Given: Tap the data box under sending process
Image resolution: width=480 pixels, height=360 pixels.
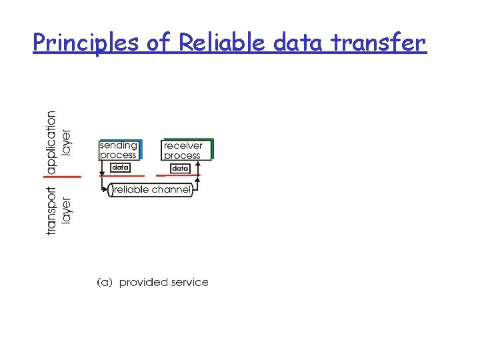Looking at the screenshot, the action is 119,168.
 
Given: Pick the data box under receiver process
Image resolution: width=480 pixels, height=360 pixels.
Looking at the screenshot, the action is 180,169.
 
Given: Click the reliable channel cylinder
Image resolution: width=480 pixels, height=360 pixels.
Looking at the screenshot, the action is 151,190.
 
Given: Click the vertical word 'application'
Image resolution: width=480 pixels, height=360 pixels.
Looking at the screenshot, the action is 51,139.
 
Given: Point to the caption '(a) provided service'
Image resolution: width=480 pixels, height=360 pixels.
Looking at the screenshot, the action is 153,283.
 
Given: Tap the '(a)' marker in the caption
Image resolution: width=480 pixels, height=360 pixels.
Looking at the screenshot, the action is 105,283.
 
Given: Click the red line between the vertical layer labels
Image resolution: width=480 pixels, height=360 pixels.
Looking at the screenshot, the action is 63,177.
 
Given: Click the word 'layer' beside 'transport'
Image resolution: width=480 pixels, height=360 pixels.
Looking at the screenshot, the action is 67,211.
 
